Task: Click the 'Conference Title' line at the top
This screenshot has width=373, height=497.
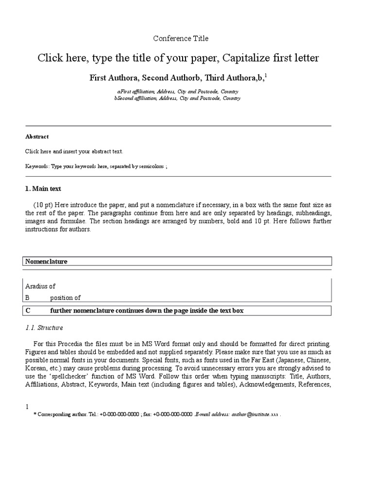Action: point(181,38)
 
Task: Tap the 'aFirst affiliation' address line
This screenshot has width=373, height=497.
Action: point(177,91)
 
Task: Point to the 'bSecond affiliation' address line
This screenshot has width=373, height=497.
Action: point(177,98)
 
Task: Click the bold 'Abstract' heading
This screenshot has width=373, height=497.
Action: point(37,137)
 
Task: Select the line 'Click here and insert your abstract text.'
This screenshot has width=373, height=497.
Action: point(74,151)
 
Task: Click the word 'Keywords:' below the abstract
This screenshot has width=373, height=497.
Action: point(37,166)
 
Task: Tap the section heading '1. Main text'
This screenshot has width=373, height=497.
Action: point(43,188)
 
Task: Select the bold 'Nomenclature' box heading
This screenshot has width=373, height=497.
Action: point(46,262)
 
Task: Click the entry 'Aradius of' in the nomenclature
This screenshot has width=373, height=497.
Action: point(40,286)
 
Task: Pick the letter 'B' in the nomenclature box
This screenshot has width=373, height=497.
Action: point(28,298)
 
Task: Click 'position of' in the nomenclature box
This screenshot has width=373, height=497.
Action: point(65,298)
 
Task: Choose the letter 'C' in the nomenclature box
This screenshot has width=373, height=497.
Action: point(28,311)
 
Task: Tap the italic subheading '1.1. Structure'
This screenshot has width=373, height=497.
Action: point(44,328)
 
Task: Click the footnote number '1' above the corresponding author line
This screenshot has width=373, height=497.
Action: point(27,407)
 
